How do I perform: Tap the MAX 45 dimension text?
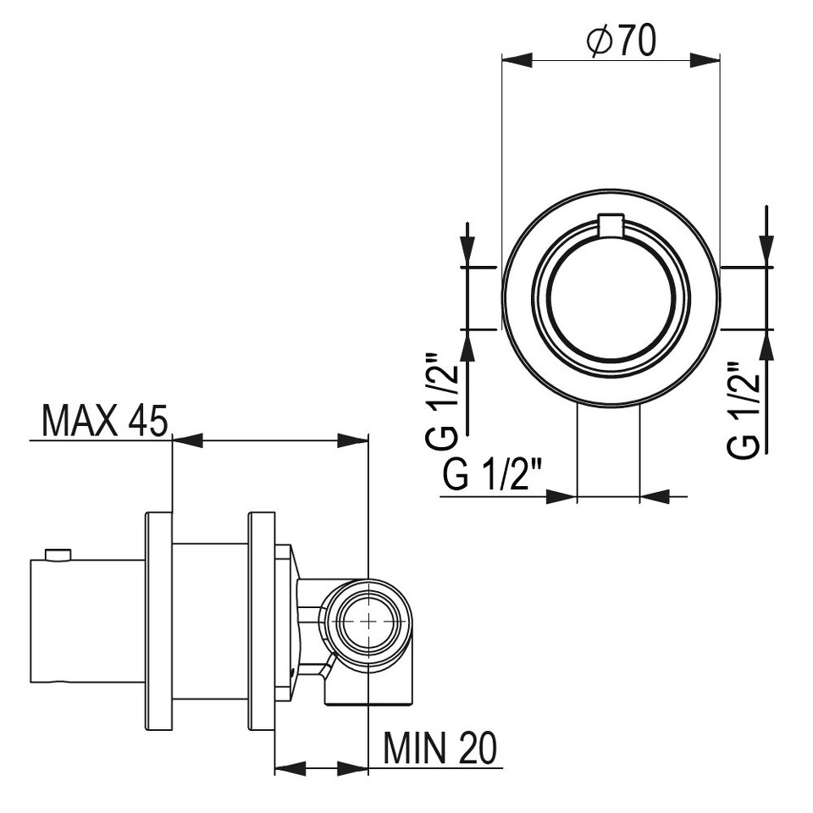point(105,421)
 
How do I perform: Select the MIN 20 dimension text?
point(440,748)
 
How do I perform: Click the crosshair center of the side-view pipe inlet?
point(368,621)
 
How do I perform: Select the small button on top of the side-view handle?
point(57,556)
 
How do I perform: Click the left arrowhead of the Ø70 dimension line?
point(517,60)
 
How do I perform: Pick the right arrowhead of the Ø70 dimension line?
point(705,60)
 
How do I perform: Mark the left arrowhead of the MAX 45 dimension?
point(187,440)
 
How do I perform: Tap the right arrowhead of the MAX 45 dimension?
point(352,440)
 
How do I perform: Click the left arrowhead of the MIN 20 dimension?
point(290,769)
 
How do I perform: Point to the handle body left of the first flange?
point(86,621)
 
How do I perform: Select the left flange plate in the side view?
point(158,622)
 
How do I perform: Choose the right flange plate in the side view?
point(262,622)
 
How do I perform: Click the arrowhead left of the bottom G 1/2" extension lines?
point(561,497)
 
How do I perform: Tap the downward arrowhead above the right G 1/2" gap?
point(766,252)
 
